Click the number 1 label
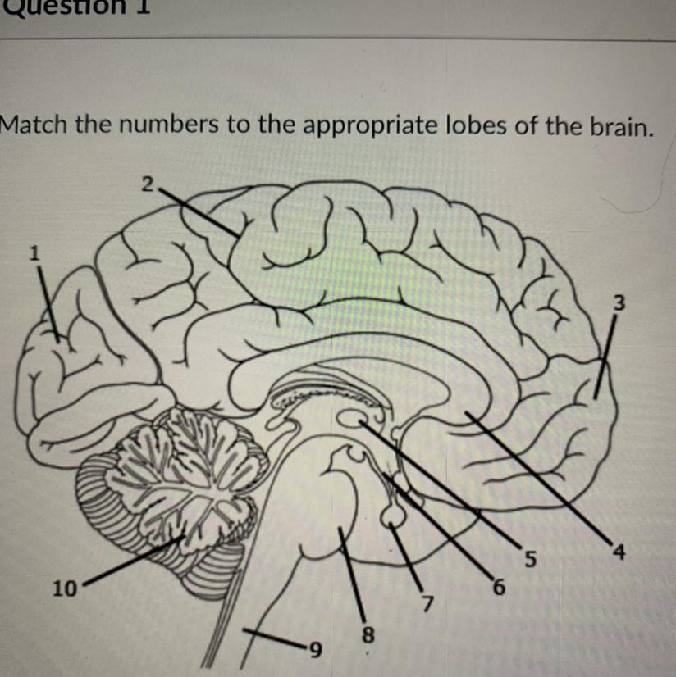tap(34, 254)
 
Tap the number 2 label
tap(147, 184)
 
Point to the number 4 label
tap(620, 553)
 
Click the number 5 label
tap(530, 560)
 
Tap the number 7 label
tap(425, 605)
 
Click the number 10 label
tap(64, 588)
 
